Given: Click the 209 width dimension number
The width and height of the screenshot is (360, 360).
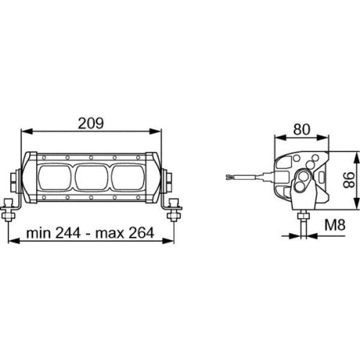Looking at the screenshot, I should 91,122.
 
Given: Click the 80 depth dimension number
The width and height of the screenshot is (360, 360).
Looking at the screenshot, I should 302,130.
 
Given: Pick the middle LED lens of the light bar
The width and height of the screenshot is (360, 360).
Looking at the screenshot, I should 91,176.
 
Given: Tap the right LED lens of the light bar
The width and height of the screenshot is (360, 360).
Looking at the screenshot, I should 127,176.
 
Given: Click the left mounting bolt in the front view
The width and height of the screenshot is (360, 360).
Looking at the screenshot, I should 9,211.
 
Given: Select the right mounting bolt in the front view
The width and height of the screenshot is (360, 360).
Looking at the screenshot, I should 172,211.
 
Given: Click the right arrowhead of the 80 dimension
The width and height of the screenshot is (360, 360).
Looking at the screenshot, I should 328,139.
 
